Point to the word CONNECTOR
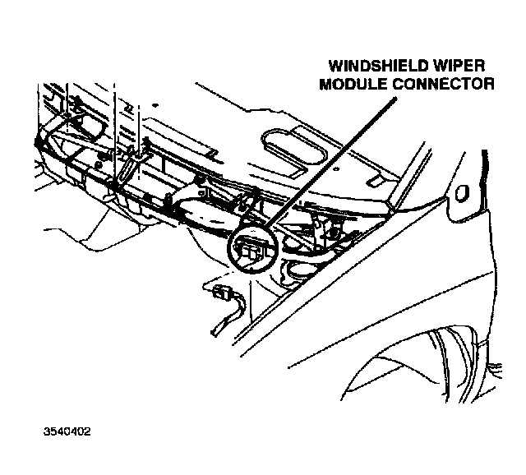pyautogui.click(x=445, y=84)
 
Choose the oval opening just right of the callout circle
pyautogui.click(x=293, y=266)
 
